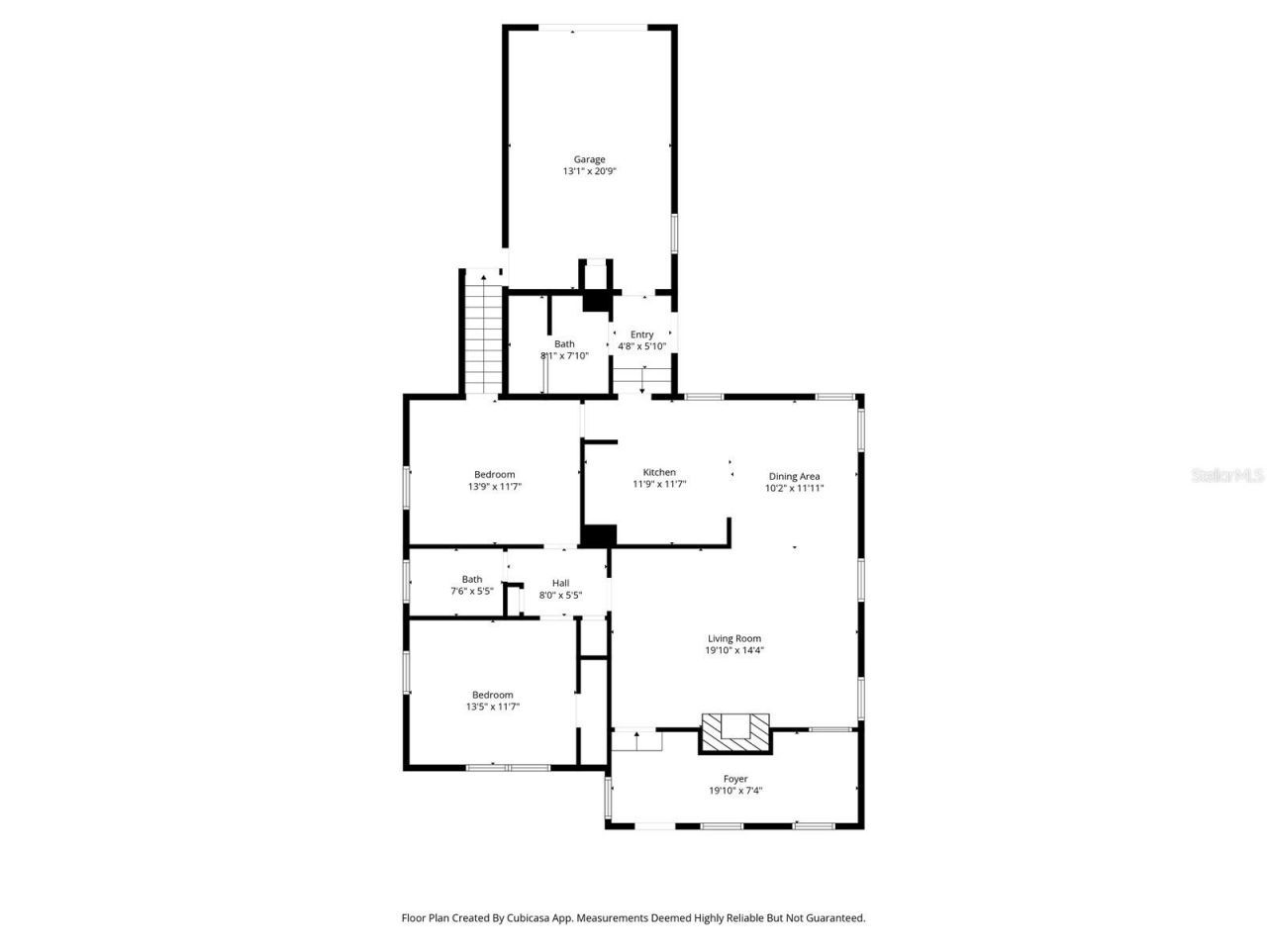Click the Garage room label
(x=589, y=159)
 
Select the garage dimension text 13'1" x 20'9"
(x=589, y=171)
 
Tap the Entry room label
(x=641, y=334)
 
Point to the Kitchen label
(x=659, y=472)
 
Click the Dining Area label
(x=794, y=476)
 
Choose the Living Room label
(x=734, y=638)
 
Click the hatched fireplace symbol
(x=734, y=732)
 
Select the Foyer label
(x=735, y=779)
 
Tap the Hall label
(x=560, y=583)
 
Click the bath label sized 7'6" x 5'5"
(x=472, y=580)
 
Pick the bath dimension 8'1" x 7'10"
(x=564, y=355)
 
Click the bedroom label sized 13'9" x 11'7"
(x=494, y=475)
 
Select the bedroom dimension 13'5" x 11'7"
(x=493, y=707)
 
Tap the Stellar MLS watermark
(x=1227, y=476)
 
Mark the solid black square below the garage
(x=596, y=301)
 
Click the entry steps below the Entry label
(x=641, y=380)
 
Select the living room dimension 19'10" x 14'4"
(x=734, y=650)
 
